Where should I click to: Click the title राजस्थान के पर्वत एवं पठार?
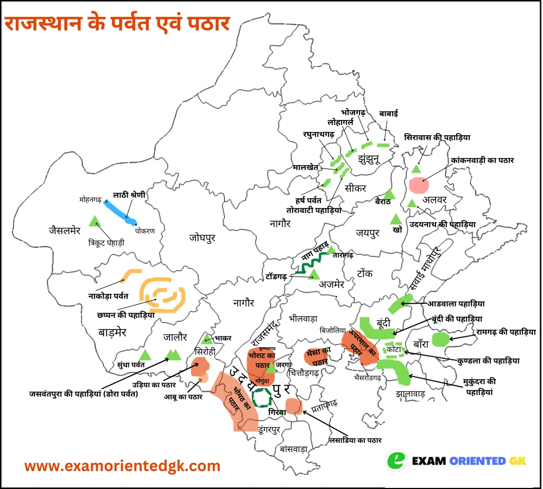(x=117, y=24)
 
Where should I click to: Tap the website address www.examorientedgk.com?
(x=123, y=466)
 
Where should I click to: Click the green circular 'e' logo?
(x=397, y=460)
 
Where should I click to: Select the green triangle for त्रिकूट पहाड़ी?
(x=95, y=221)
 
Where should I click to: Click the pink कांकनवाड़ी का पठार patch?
(x=418, y=184)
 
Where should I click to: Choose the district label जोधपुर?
(x=204, y=237)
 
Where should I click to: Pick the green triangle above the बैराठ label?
(x=388, y=194)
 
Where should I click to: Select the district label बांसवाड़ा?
(x=294, y=449)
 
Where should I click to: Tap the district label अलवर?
(x=435, y=199)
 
